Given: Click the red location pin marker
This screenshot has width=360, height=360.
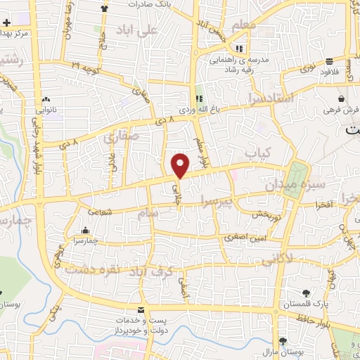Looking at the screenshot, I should click(x=181, y=165).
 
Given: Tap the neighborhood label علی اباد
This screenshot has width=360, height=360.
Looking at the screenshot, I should click(x=138, y=30).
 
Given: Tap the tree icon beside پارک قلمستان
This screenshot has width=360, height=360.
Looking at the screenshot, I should click(x=307, y=293).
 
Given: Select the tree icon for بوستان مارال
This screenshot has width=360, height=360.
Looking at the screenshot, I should click(x=282, y=330).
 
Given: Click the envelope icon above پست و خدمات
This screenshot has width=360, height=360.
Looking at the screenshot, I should click(x=142, y=310).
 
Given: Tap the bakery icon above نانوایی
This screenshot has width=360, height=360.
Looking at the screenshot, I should click(x=46, y=100).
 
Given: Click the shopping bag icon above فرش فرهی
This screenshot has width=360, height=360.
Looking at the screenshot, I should click(x=341, y=99).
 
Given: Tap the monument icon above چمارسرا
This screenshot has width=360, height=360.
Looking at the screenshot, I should click(x=86, y=231).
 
